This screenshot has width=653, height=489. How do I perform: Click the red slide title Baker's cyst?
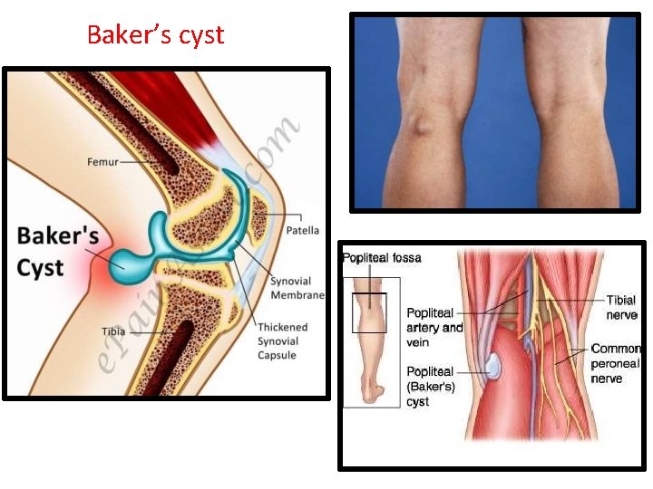pyautogui.click(x=155, y=35)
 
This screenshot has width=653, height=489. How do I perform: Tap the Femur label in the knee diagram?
pyautogui.click(x=102, y=162)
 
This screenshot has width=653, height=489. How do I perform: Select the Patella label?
pyautogui.click(x=302, y=230)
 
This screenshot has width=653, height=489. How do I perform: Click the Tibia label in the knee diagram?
pyautogui.click(x=113, y=331)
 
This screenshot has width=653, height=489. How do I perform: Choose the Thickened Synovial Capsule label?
pyautogui.click(x=282, y=340)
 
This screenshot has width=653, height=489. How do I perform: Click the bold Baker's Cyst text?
pyautogui.click(x=57, y=252)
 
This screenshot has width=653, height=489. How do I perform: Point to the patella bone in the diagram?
pyautogui.click(x=261, y=215)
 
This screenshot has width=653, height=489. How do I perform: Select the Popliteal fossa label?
pyautogui.click(x=382, y=258)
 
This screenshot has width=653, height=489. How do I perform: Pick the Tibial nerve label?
pyautogui.click(x=621, y=307)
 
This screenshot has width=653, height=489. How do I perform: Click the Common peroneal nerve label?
pyautogui.click(x=616, y=363)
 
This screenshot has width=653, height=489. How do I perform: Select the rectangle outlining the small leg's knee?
pyautogui.click(x=369, y=312)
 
